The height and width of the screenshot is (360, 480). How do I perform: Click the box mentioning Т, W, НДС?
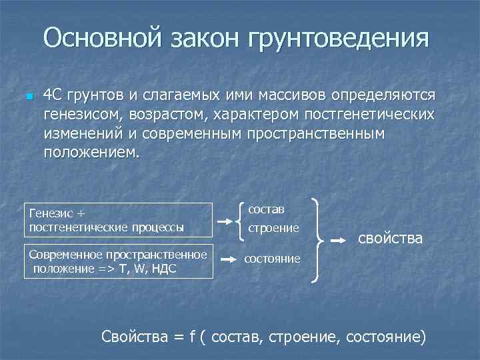point(117,261)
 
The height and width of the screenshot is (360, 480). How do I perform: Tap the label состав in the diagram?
point(266,209)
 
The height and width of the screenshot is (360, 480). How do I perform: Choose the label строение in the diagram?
point(273,228)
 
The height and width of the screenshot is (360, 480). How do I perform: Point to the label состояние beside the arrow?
point(272,258)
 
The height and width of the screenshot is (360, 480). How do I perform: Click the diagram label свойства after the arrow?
point(391,238)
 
